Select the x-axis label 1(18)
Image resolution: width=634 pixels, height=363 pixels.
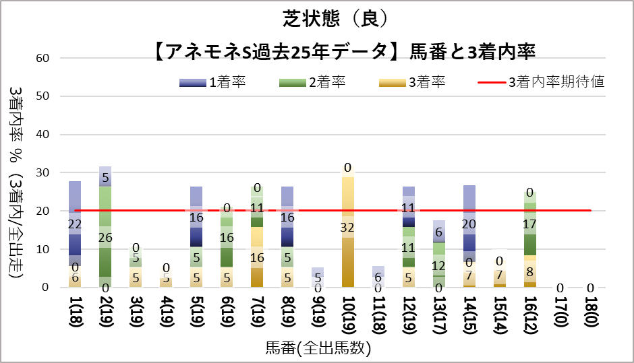[x=75, y=312]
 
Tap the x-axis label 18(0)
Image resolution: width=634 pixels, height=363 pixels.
[x=590, y=312]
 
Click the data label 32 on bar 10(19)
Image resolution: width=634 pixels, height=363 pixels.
[x=348, y=228]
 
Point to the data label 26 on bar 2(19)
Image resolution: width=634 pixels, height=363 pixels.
[x=105, y=238]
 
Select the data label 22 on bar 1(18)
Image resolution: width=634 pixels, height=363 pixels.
[x=75, y=224]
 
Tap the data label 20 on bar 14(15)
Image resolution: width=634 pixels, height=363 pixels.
[x=469, y=224]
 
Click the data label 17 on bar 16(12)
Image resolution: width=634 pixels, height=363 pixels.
[x=529, y=224]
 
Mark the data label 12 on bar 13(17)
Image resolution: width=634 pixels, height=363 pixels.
[x=439, y=265]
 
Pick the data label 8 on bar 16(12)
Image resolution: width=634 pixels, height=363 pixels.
[x=529, y=272]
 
